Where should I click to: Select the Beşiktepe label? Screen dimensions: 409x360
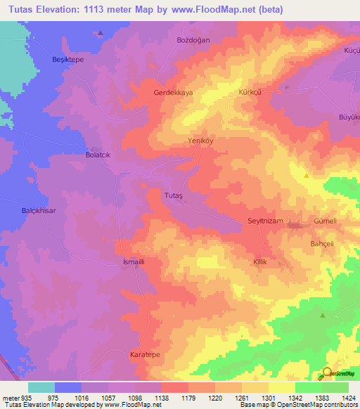[x=68, y=60]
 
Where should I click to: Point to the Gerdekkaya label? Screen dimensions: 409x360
[x=173, y=93]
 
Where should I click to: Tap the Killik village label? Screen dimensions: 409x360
[x=261, y=261]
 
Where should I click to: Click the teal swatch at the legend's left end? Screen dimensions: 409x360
[x=41, y=387]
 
